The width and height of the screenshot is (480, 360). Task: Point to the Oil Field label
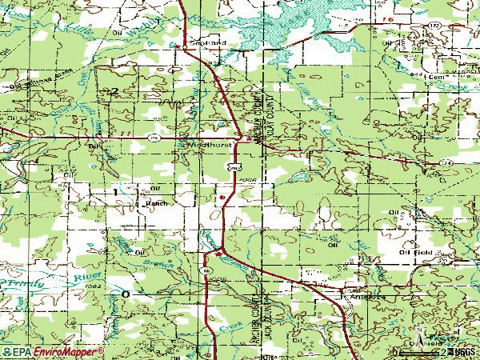pos(416,252)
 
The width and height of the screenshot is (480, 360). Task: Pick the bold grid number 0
pos(125,295)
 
